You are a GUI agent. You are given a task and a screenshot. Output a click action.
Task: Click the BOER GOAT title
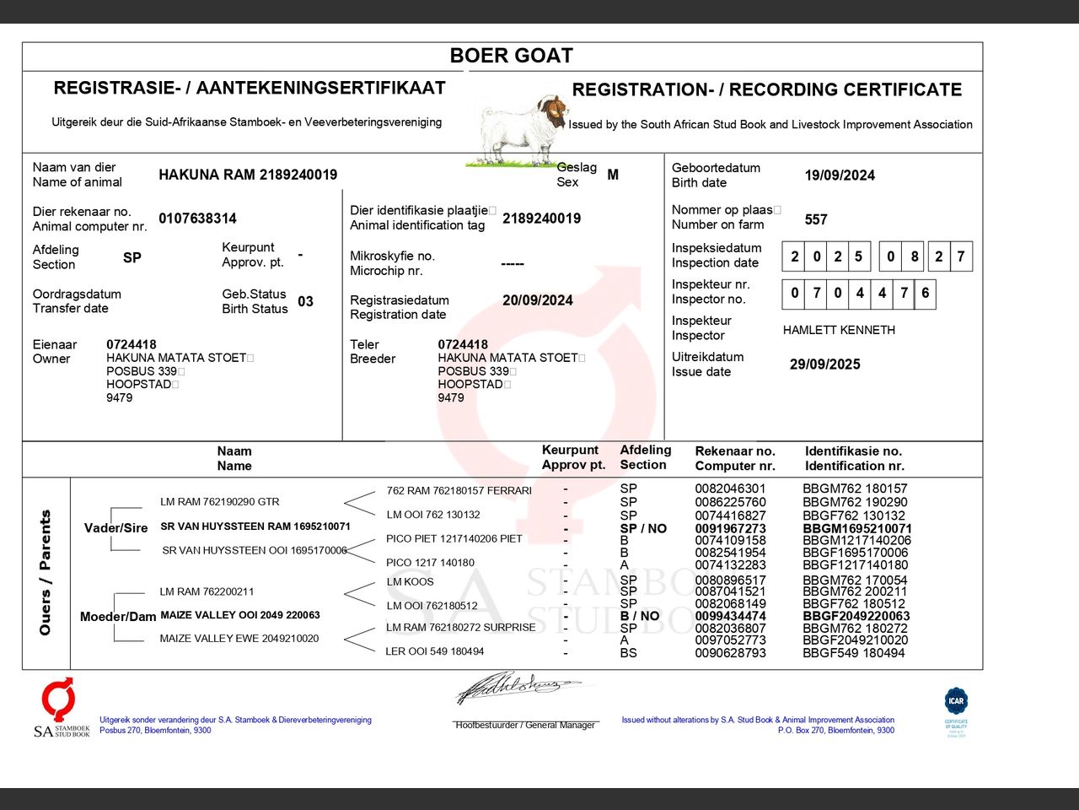(x=511, y=56)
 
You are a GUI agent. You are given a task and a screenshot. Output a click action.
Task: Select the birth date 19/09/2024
(x=840, y=175)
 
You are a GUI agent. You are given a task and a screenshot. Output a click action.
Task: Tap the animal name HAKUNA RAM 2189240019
(x=248, y=175)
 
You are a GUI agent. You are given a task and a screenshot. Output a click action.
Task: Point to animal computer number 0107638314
(x=197, y=219)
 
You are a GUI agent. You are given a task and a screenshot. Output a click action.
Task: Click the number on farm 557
(x=816, y=219)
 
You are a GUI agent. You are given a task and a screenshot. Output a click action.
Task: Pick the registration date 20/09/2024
(x=537, y=300)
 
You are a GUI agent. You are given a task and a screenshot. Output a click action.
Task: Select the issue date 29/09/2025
(x=824, y=364)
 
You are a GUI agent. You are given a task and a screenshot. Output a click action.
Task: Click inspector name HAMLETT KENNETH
(x=839, y=330)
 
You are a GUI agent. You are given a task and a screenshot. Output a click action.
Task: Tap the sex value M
(x=613, y=175)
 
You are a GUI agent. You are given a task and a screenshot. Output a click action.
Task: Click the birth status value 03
(x=305, y=301)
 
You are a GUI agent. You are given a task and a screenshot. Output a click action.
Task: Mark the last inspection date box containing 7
(x=960, y=256)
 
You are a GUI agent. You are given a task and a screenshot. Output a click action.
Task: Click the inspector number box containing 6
(x=925, y=293)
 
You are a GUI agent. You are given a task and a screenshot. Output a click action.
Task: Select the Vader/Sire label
(x=115, y=528)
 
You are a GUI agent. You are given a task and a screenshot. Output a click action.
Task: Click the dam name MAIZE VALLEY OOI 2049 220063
(x=240, y=615)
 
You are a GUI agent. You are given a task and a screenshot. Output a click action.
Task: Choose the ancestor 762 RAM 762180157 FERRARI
(x=459, y=490)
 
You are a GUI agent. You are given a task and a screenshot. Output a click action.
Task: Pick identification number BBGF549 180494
(x=853, y=653)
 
